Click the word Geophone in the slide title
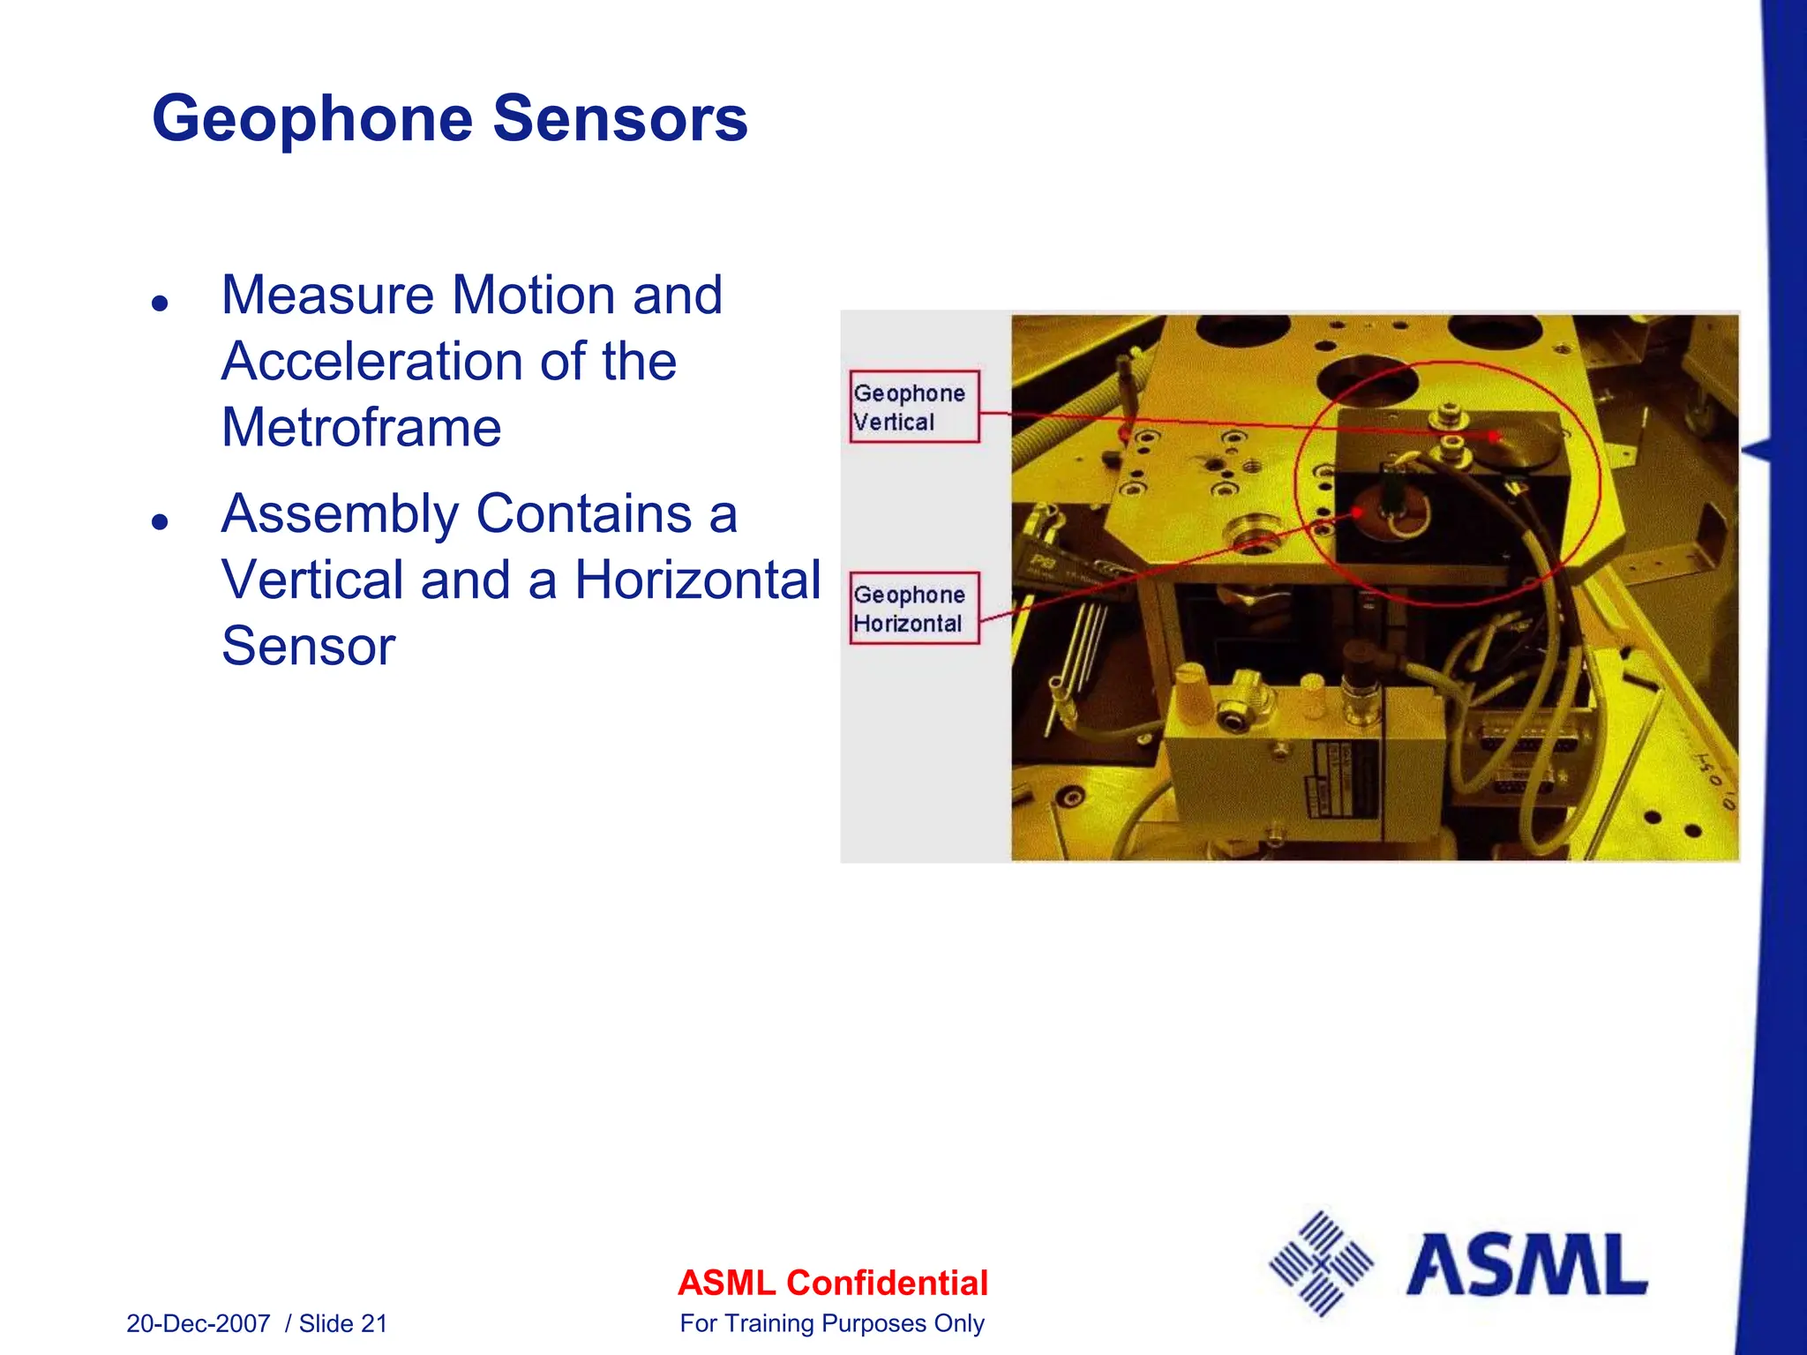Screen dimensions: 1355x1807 (x=313, y=119)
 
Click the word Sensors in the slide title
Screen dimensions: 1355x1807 (x=619, y=119)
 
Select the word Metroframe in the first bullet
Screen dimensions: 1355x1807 (x=361, y=428)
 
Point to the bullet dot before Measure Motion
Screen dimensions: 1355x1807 (x=160, y=303)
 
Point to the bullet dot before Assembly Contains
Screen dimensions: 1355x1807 (x=160, y=521)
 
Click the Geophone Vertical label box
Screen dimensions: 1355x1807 (x=914, y=407)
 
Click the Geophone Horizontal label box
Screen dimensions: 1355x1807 (x=914, y=609)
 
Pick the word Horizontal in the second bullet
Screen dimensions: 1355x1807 (x=697, y=580)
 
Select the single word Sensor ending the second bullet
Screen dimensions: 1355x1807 (x=308, y=647)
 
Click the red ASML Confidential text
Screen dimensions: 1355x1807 (x=832, y=1283)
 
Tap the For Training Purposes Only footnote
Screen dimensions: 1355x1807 (x=832, y=1323)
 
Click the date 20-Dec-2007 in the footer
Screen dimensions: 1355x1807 (x=199, y=1323)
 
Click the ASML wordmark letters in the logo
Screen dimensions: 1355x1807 (x=1526, y=1266)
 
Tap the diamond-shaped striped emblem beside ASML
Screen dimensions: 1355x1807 (x=1321, y=1264)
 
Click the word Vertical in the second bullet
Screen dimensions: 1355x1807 (x=312, y=580)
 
